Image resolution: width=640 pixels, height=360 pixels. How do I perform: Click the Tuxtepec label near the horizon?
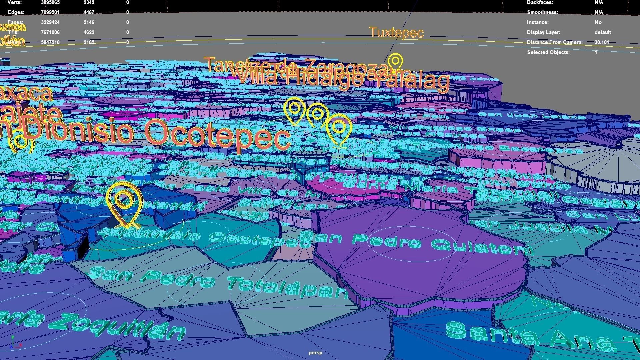[x=396, y=33]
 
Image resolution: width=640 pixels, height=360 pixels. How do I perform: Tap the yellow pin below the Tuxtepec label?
[x=395, y=62]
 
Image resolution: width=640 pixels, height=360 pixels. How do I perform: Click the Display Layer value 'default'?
[x=603, y=32]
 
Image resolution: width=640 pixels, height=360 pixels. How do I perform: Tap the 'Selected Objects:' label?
[x=548, y=52]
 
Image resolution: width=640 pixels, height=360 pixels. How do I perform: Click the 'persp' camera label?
[x=315, y=353]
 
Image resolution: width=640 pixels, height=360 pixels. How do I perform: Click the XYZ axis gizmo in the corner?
[x=15, y=342]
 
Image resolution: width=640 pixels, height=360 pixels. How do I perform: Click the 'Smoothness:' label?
[x=542, y=12]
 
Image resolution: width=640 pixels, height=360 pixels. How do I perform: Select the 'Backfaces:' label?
[x=540, y=2]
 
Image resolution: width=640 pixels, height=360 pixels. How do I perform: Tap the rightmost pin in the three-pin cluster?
[x=339, y=129]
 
